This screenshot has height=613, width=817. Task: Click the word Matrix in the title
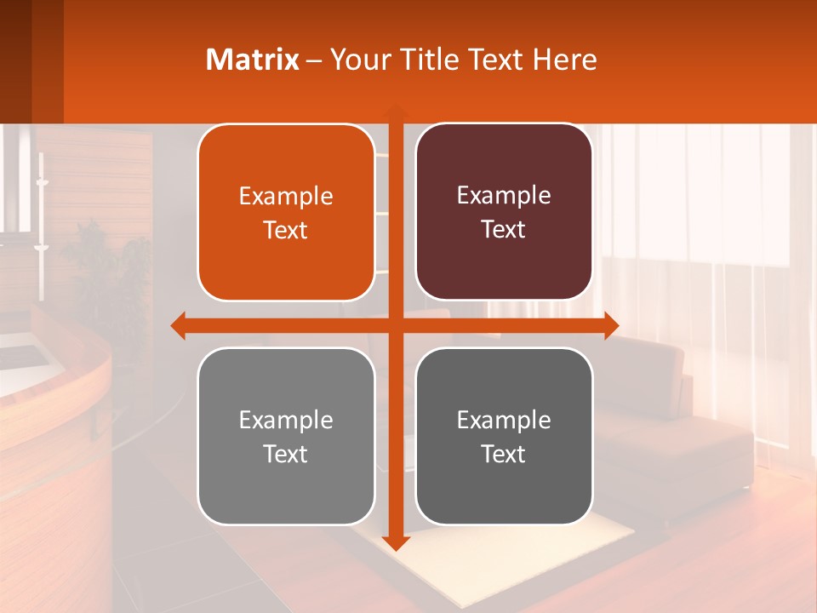point(252,60)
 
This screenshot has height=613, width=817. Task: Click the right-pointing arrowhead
point(611,325)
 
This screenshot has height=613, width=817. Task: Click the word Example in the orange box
point(286,197)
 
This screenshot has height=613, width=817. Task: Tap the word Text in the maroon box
point(504,229)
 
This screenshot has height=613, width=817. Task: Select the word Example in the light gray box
point(286,420)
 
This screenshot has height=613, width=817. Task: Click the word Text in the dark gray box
point(504,453)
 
